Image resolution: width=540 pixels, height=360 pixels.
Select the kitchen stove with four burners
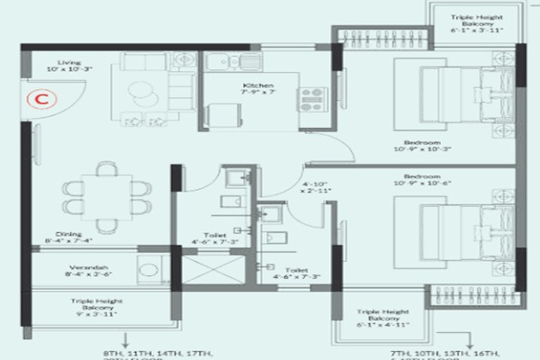pyautogui.click(x=312, y=98)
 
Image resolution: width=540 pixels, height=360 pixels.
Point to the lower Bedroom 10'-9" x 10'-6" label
pyautogui.click(x=422, y=181)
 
